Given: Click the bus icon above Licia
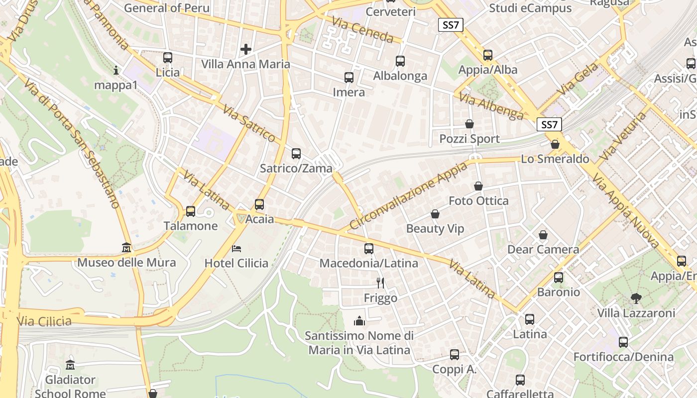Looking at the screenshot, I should click(x=168, y=57).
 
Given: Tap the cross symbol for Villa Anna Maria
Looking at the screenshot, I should click(x=245, y=49).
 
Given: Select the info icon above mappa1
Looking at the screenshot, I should click(x=116, y=70).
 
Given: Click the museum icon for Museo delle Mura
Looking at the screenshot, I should click(x=126, y=247).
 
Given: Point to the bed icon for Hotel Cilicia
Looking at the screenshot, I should click(x=236, y=248).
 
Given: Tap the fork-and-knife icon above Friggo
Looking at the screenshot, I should click(x=380, y=283).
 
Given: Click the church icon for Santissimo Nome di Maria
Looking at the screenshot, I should click(x=359, y=321).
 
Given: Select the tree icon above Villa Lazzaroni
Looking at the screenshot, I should click(x=636, y=298).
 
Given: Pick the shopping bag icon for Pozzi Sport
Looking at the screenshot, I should click(x=469, y=124).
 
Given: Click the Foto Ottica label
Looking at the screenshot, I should click(x=478, y=201).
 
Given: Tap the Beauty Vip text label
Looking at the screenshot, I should click(x=435, y=229).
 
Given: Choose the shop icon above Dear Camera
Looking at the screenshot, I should click(x=543, y=235).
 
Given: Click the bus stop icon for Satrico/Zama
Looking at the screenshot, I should click(x=296, y=154).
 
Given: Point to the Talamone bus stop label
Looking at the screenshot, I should click(x=191, y=226).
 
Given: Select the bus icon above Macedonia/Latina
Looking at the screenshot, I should click(x=368, y=249).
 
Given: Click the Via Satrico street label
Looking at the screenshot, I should click(x=249, y=123).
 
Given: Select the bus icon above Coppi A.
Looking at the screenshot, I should click(x=454, y=355).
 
